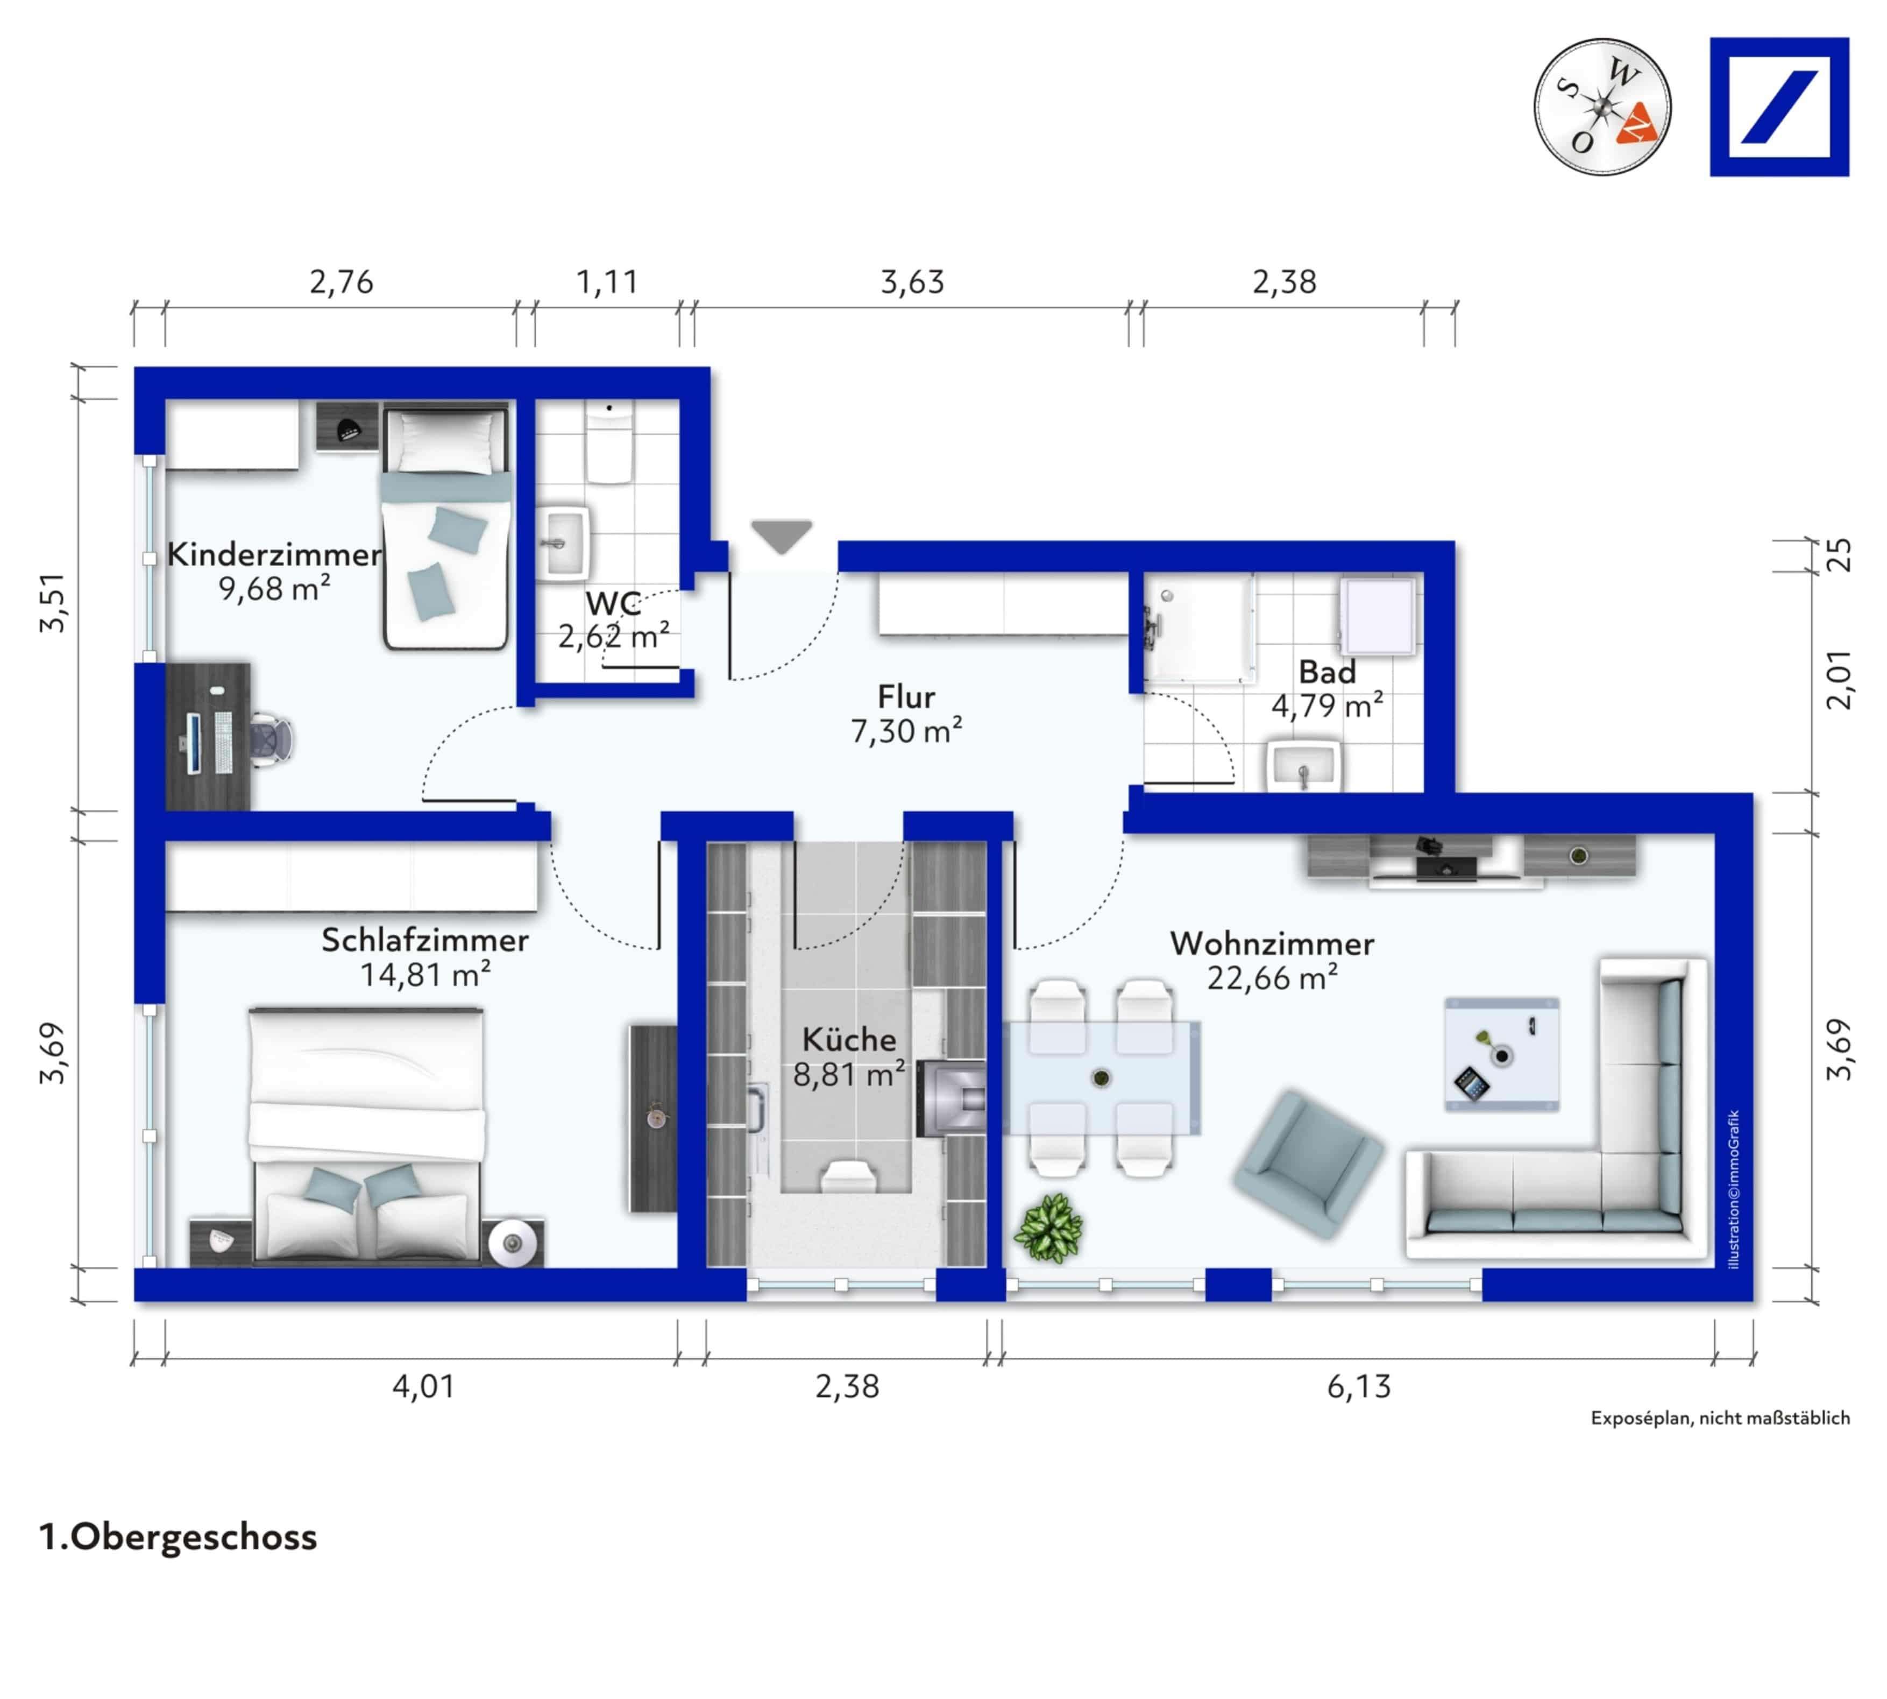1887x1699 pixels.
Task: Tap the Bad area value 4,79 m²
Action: coord(1326,706)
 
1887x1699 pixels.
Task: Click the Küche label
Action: coord(848,1040)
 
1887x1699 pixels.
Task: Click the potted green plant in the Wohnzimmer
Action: coord(1048,1229)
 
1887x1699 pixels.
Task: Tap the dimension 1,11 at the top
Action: coord(607,282)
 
